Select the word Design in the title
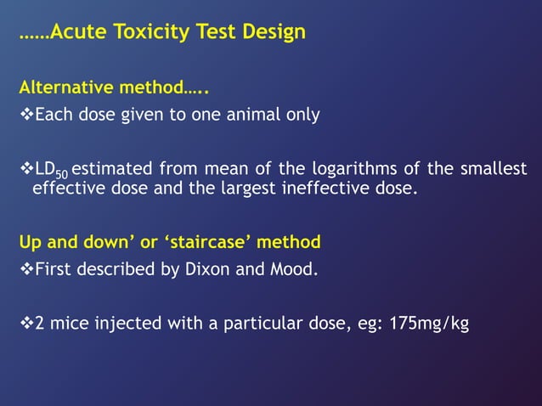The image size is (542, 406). [271, 33]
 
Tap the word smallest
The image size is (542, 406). [493, 168]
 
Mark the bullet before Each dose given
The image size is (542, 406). [25, 115]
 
